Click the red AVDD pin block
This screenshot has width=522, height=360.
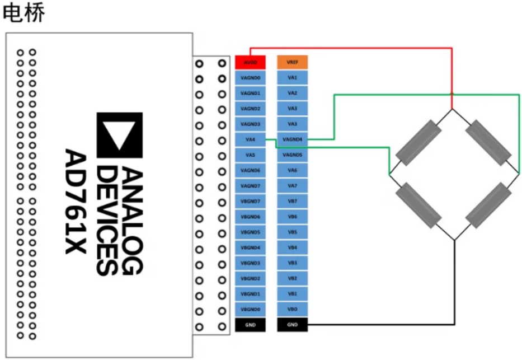click(x=250, y=62)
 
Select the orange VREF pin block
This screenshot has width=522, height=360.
click(x=292, y=62)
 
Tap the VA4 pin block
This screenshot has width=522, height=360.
click(x=250, y=139)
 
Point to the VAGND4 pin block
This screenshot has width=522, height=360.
click(x=292, y=139)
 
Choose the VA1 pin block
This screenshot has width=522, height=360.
click(x=292, y=78)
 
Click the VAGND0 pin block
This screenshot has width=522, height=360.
click(x=250, y=78)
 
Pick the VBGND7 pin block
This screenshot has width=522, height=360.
click(x=250, y=201)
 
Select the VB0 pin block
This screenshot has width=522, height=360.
click(x=292, y=309)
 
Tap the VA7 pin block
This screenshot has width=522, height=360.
click(x=292, y=185)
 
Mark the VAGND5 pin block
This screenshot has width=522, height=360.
click(x=292, y=155)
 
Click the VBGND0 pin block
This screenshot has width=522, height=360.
click(x=250, y=309)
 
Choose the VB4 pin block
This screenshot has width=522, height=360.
click(x=292, y=247)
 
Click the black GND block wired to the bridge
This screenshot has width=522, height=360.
click(x=292, y=325)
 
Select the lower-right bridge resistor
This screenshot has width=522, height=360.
click(x=488, y=205)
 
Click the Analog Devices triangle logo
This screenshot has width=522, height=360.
click(x=120, y=135)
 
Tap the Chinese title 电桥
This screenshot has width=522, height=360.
click(x=23, y=13)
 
